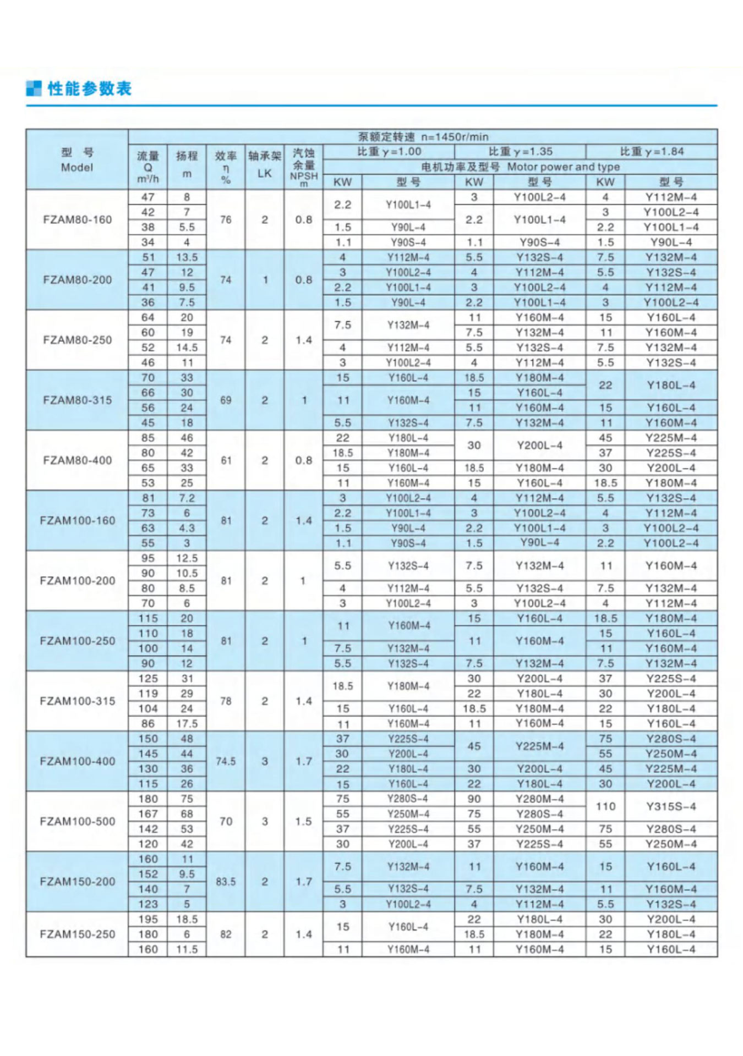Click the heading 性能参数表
click(89, 89)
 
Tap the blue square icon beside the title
click(34, 89)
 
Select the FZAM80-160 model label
click(77, 219)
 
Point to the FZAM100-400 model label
click(77, 761)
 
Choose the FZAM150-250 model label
click(77, 934)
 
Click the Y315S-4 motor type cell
click(671, 806)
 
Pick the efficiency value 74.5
click(226, 761)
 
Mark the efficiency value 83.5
click(226, 882)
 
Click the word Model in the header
click(77, 167)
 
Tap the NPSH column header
click(304, 177)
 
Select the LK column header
click(265, 173)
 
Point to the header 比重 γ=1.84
click(652, 152)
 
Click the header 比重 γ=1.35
click(520, 152)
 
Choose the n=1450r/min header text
click(455, 137)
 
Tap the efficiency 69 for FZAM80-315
click(226, 400)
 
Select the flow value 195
click(148, 919)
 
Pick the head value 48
click(187, 739)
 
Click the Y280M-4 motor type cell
click(539, 799)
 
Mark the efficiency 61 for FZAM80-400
click(226, 460)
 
